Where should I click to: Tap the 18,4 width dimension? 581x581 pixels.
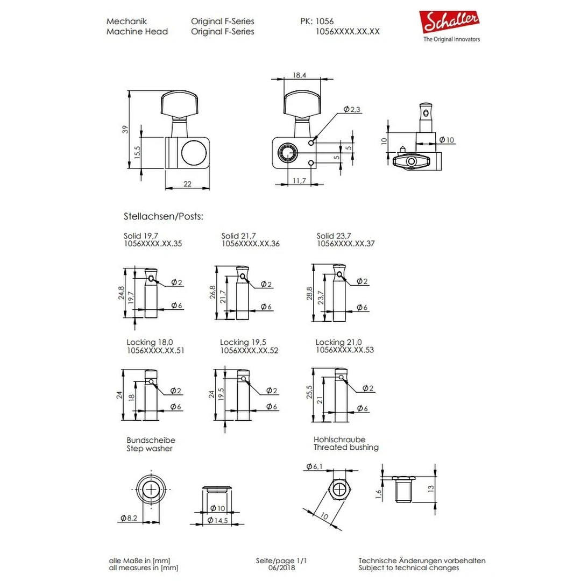point(300,76)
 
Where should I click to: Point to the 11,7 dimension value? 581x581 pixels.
point(300,181)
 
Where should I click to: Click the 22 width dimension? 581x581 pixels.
point(187,184)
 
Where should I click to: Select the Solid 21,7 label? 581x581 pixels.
point(239,236)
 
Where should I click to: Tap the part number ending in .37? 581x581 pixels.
point(345,244)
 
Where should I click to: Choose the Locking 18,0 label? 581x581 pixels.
point(150,342)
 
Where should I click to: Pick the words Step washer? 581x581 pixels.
point(150,448)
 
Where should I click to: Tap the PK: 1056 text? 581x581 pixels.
point(317,22)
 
